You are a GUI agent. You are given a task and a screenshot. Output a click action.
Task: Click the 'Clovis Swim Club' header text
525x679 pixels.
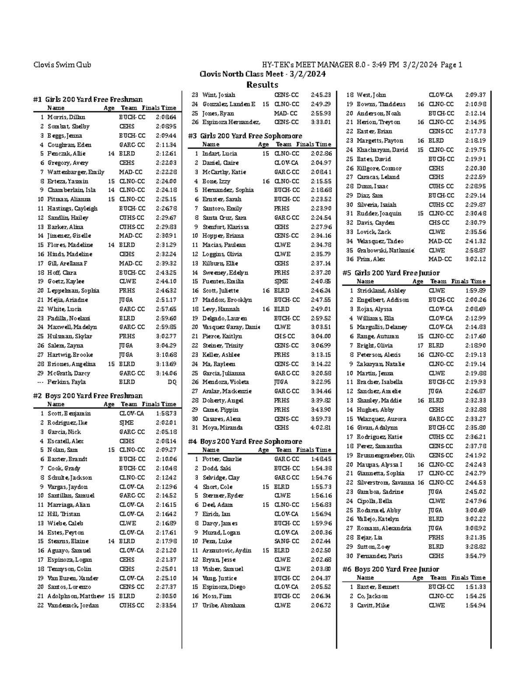click(63, 65)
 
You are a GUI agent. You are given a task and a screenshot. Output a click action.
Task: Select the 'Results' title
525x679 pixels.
click(262, 84)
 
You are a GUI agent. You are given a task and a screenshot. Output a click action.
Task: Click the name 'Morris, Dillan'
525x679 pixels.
click(66, 117)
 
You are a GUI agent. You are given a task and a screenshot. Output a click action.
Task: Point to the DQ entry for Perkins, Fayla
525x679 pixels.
click(172, 382)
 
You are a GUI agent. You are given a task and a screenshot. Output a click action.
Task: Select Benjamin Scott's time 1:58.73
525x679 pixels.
click(166, 414)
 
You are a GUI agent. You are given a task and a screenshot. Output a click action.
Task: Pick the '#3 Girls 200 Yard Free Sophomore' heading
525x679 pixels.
click(245, 136)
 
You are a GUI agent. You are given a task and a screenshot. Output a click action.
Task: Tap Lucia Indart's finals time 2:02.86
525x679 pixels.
click(321, 153)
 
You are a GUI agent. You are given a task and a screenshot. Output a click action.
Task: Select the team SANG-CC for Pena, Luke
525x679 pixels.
click(287, 541)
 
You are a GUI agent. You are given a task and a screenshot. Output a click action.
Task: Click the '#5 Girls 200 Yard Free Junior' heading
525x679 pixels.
click(391, 273)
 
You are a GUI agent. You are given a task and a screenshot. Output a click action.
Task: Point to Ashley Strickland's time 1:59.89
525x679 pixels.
click(475, 291)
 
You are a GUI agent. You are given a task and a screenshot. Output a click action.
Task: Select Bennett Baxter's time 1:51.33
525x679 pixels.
click(475, 587)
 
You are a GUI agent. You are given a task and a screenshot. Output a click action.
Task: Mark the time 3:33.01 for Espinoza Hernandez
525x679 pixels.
click(321, 122)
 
